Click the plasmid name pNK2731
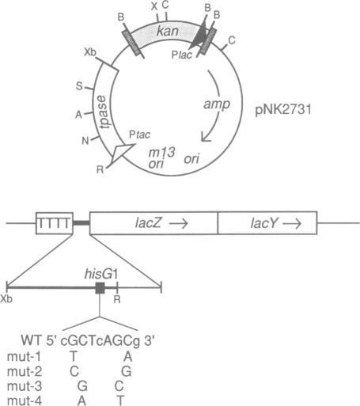[x=283, y=109]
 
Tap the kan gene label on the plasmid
[x=168, y=31]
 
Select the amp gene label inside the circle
[x=217, y=104]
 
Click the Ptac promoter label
[x=139, y=135]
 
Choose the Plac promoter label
[x=182, y=55]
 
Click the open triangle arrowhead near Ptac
[x=120, y=153]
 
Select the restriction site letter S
[x=79, y=86]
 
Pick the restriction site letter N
[x=85, y=141]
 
